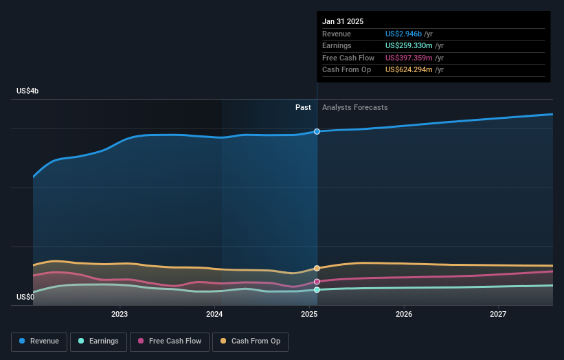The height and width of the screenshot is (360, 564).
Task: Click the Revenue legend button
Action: [39, 341]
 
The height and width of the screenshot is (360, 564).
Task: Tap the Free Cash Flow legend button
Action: [170, 341]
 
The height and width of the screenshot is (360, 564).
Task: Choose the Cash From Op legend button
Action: [250, 341]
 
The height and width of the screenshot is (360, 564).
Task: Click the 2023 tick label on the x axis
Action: [120, 315]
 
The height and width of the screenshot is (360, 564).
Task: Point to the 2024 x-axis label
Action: [214, 315]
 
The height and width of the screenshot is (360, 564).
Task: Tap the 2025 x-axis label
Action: [309, 315]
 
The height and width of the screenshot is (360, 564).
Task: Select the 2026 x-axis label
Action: [404, 315]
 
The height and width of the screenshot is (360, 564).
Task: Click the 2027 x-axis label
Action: [498, 315]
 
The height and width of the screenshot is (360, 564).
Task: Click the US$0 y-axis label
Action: [26, 297]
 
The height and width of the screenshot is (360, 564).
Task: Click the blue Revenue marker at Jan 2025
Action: [317, 131]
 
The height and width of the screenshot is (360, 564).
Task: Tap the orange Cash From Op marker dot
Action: [317, 269]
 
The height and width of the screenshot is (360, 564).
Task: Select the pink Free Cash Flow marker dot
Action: [317, 282]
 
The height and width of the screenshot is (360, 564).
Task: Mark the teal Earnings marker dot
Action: [317, 290]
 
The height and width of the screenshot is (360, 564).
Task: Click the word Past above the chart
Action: [303, 107]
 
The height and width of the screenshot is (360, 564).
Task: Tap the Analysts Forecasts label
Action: [354, 107]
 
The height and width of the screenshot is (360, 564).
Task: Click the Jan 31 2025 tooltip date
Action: [343, 21]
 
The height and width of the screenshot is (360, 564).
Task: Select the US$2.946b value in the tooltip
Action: [404, 34]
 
